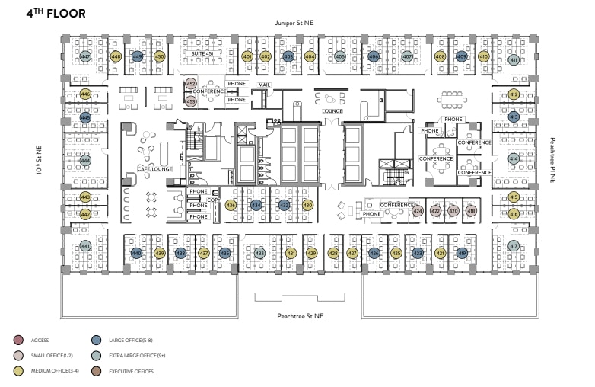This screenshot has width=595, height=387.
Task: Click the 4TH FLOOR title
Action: coord(56,14)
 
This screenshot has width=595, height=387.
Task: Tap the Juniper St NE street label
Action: coord(297,24)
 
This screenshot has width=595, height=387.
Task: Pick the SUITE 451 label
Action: coord(201,53)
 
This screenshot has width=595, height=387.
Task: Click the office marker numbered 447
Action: coord(85,57)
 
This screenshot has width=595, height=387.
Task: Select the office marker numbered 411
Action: coord(514,60)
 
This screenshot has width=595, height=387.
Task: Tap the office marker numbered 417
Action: coord(514,246)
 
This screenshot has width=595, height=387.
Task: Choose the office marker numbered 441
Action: coord(85,246)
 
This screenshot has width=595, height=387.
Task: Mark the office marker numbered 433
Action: coord(259,253)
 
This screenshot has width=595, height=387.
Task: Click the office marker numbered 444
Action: coord(85,161)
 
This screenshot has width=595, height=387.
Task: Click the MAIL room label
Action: coord(265,85)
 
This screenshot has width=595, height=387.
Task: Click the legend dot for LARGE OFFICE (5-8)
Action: coord(97,340)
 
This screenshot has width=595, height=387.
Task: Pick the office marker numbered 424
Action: coord(417,211)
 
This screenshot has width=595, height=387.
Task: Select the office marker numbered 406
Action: coord(374,56)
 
